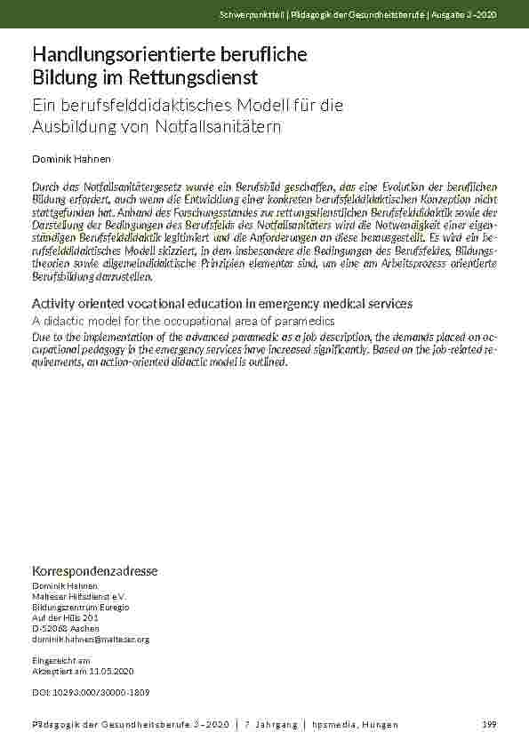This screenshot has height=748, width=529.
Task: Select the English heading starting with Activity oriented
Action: point(221,303)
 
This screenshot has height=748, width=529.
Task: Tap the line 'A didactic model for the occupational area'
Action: point(183,320)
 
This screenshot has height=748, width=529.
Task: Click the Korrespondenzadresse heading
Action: point(94,570)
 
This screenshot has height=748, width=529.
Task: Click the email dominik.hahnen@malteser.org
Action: point(91,640)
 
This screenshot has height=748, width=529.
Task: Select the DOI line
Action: point(91,691)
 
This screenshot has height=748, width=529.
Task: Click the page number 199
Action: point(488,726)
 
